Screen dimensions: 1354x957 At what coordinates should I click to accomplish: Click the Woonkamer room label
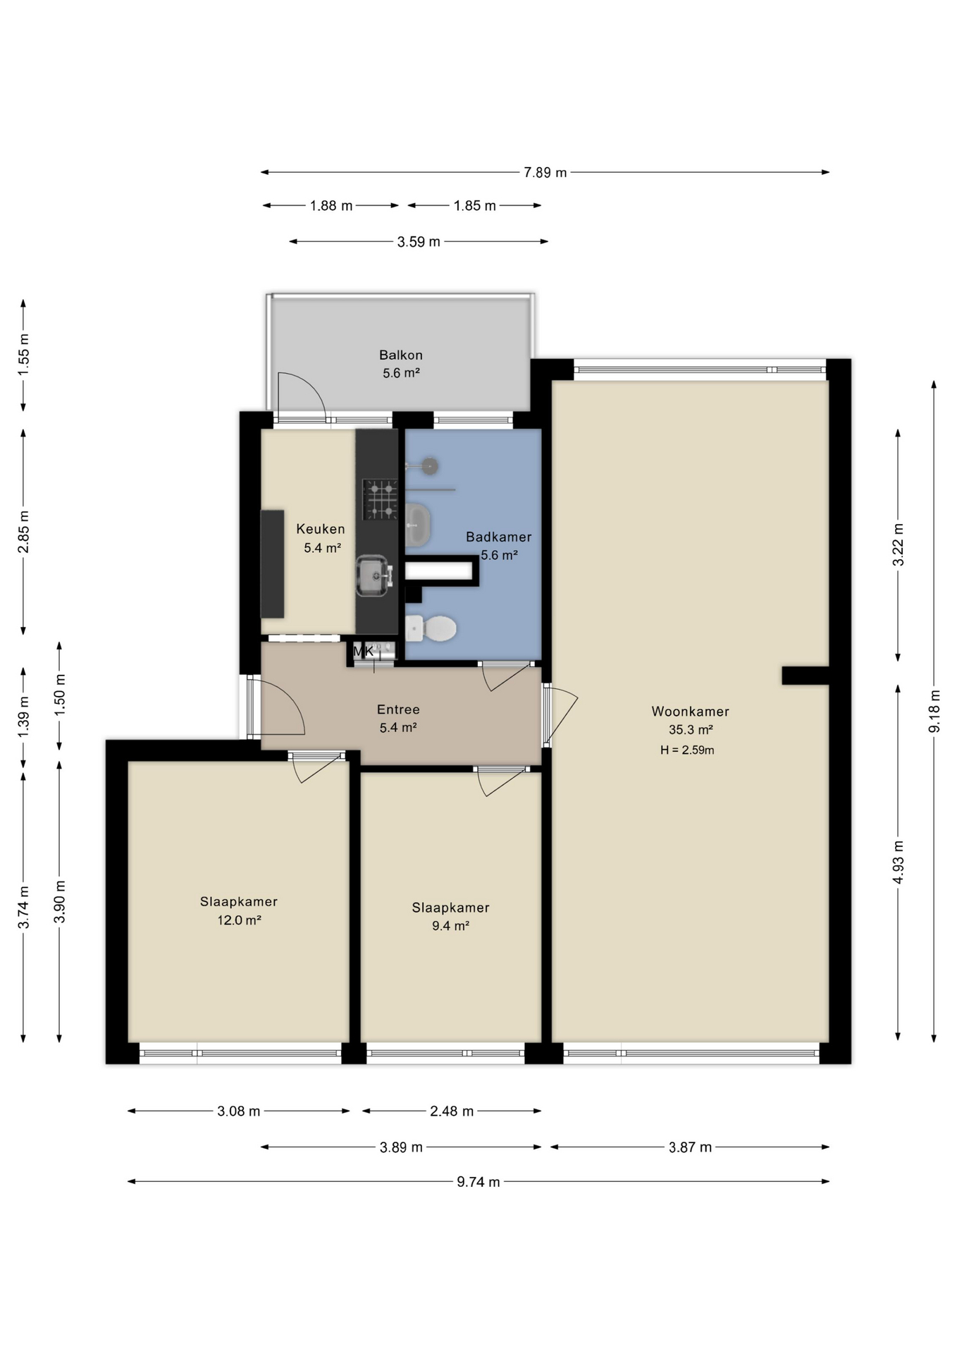[x=690, y=712]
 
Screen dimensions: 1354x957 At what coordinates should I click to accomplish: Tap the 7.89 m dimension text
[x=545, y=173]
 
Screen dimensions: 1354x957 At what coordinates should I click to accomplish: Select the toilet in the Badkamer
[x=433, y=628]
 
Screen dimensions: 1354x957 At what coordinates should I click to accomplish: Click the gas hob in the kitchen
[x=380, y=499]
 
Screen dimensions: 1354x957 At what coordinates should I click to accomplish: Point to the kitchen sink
[x=373, y=575]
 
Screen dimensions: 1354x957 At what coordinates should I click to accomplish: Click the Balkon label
[x=400, y=355]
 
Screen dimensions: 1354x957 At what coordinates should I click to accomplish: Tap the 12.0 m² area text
[x=239, y=920]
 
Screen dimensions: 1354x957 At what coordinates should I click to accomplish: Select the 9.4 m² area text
[x=450, y=926]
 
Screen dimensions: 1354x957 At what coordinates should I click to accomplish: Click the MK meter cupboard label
[x=364, y=651]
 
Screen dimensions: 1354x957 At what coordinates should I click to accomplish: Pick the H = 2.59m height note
[x=687, y=750]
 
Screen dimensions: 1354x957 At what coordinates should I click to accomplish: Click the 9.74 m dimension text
[x=478, y=1182]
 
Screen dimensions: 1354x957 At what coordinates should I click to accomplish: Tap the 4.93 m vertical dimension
[x=898, y=862]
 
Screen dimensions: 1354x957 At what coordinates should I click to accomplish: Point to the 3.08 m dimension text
[x=238, y=1111]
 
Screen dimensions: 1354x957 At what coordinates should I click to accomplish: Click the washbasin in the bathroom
[x=418, y=525]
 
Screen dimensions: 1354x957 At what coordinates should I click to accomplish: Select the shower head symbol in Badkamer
[x=429, y=466]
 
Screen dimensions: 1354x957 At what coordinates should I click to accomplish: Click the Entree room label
[x=398, y=709]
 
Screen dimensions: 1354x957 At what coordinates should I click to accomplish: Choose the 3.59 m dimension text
[x=418, y=242]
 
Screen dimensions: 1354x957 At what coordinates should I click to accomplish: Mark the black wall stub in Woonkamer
[x=805, y=676]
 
